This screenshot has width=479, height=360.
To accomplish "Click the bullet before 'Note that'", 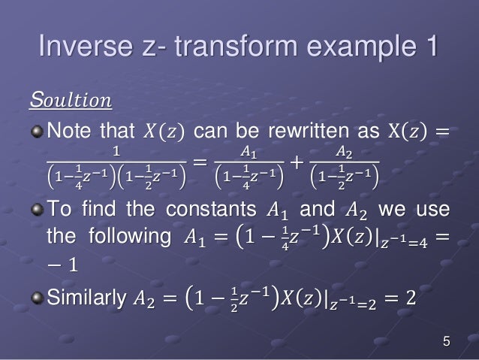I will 37,132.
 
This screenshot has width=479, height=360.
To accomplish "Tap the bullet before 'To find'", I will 37,207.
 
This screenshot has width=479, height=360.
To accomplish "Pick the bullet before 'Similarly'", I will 37,299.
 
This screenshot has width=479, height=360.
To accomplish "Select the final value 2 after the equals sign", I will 410,300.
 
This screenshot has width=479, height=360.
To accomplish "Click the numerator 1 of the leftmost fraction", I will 115,152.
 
